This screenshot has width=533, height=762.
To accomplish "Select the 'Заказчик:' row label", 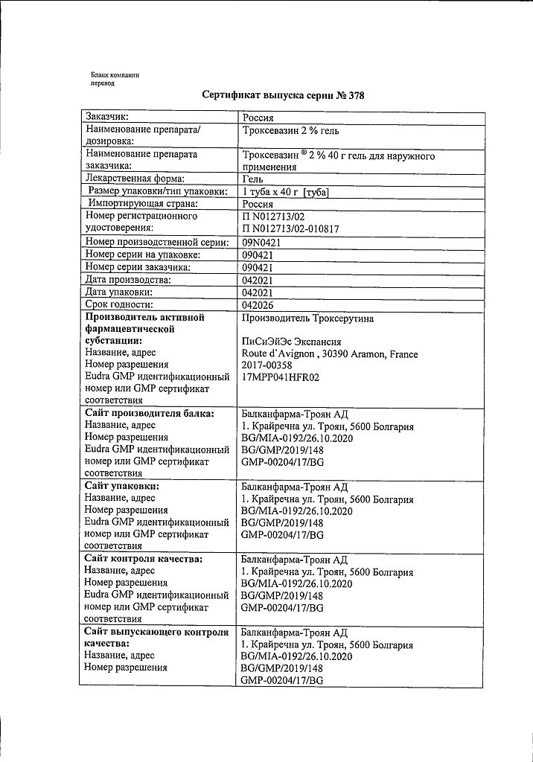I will (x=107, y=117).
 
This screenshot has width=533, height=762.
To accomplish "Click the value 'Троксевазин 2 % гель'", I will (x=290, y=130).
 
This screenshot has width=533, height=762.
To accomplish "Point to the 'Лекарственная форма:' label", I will (x=135, y=179).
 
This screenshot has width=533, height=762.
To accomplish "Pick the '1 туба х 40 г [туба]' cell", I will (x=286, y=192).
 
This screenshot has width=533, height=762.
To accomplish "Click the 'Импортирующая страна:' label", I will (x=142, y=204).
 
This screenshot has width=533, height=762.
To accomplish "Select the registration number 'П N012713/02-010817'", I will (x=290, y=229).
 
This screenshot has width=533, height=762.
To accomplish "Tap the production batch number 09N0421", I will (x=261, y=243).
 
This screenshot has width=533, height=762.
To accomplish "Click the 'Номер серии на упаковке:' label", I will (x=143, y=254).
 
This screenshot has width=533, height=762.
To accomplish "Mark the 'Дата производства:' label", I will (x=128, y=279).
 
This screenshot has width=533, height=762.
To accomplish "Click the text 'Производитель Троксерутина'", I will (x=307, y=318).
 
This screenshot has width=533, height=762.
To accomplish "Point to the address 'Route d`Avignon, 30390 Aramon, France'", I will (x=330, y=354).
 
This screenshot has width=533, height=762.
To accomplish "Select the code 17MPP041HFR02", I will (x=281, y=377).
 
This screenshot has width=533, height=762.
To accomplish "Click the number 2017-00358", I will (x=266, y=365).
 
